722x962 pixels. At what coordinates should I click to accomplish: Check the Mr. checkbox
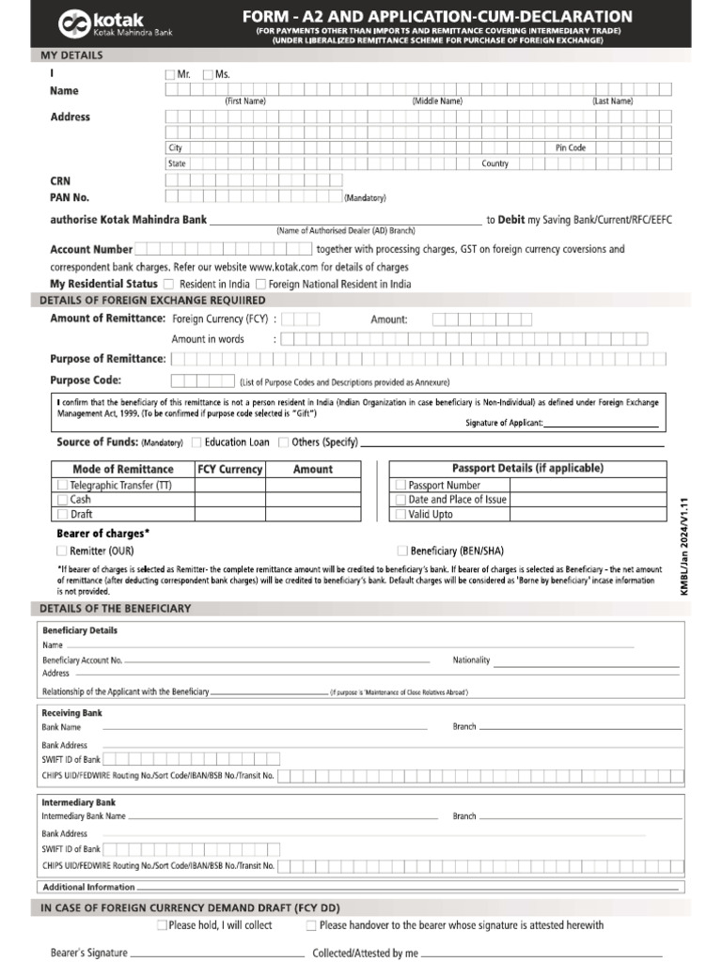tap(169, 74)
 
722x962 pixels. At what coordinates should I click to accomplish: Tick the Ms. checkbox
tap(208, 74)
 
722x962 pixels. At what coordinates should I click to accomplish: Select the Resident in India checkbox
tap(168, 284)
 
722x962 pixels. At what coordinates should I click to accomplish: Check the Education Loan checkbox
tap(196, 442)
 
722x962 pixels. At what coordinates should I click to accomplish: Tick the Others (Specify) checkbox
tap(283, 442)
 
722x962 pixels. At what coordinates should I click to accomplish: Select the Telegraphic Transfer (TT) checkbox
tap(62, 486)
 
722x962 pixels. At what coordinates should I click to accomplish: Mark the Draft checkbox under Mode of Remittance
tap(62, 514)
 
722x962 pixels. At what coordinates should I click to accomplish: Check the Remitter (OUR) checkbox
tap(62, 551)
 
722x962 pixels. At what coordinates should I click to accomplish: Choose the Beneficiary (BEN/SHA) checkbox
tap(402, 551)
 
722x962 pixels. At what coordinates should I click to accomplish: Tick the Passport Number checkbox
tap(401, 486)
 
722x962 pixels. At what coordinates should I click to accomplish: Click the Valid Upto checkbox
tap(401, 514)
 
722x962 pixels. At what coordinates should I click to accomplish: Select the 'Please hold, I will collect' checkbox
tap(163, 925)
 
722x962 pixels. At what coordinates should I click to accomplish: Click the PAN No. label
tap(70, 197)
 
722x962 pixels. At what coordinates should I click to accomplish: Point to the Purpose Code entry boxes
tap(202, 380)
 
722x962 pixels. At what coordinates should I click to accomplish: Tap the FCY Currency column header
tap(229, 469)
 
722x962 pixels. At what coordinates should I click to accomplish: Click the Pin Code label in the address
tap(571, 147)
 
